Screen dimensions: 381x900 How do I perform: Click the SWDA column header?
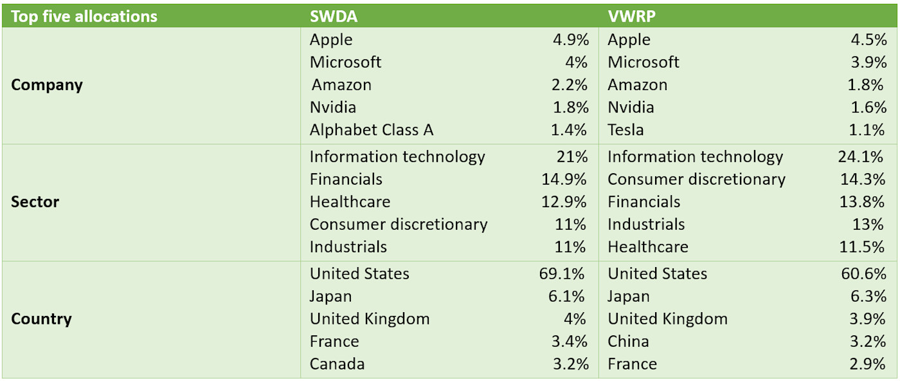[x=334, y=16]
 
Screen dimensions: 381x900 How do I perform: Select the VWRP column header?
[x=632, y=16]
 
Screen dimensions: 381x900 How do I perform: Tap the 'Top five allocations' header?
[x=84, y=16]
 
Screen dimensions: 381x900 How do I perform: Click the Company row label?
[x=47, y=85]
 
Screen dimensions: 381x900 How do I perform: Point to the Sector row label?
[x=35, y=202]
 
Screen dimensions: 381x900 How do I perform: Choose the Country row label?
[x=42, y=319]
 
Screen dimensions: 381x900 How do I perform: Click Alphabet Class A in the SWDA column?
[x=372, y=130]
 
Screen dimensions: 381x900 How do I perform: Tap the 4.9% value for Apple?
[x=570, y=40]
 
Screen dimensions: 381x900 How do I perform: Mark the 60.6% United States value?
[x=863, y=274]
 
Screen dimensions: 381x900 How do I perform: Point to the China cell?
[x=628, y=342]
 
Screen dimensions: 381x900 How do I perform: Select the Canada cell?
[x=337, y=364]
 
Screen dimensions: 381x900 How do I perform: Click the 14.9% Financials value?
[x=564, y=180]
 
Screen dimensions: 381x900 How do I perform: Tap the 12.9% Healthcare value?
[x=564, y=202]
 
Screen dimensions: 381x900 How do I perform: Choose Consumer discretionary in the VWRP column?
[x=696, y=180]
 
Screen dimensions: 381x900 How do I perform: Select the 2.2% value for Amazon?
[x=570, y=85]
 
